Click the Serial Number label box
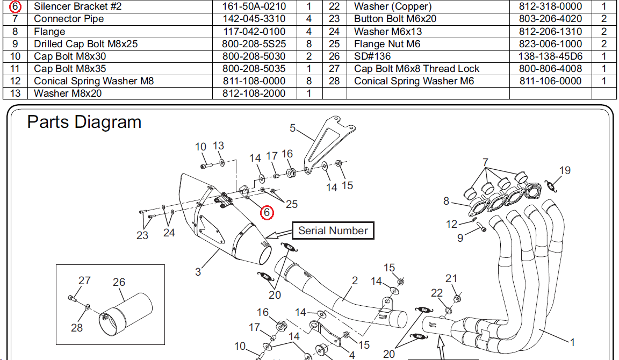(x=333, y=231)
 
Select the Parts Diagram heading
(x=84, y=122)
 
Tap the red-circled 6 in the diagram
(x=267, y=213)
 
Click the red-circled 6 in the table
(x=16, y=6)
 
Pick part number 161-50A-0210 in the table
(x=254, y=6)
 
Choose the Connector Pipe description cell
(x=69, y=19)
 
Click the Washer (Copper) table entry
(x=393, y=6)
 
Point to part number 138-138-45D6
(x=550, y=56)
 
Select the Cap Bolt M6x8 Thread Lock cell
(x=417, y=68)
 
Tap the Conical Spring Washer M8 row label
(x=94, y=81)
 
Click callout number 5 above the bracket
(x=293, y=128)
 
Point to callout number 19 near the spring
(x=565, y=171)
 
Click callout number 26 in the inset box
(x=119, y=282)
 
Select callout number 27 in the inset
(x=84, y=280)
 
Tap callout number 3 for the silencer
(x=198, y=271)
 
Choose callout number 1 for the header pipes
(x=572, y=342)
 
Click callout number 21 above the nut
(x=451, y=278)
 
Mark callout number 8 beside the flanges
(x=446, y=201)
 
